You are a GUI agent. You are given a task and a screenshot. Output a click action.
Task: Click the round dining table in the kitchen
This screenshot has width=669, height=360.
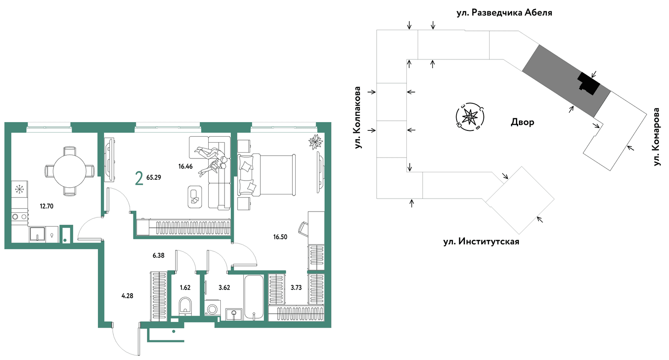pyautogui.click(x=69, y=171)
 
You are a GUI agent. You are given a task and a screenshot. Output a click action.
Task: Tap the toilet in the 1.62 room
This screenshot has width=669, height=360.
pyautogui.click(x=185, y=306)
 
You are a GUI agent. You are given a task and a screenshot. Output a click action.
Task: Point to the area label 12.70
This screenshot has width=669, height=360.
pyautogui.click(x=46, y=206)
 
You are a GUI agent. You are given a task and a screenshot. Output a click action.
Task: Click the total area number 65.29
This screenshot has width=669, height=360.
pyautogui.click(x=154, y=177)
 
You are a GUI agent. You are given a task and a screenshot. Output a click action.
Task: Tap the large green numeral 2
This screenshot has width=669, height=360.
pyautogui.click(x=139, y=179)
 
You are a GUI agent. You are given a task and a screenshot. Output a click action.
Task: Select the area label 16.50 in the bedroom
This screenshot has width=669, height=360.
pyautogui.click(x=280, y=237)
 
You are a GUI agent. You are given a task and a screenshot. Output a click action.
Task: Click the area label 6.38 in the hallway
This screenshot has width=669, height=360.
pyautogui.click(x=158, y=255)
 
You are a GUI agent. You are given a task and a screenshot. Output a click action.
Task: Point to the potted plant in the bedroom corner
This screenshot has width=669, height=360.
pyautogui.click(x=316, y=142)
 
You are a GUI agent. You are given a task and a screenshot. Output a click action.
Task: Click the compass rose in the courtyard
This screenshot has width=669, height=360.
pyautogui.click(x=470, y=117)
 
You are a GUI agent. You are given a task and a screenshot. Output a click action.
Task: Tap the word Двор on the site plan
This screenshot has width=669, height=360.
pyautogui.click(x=522, y=122)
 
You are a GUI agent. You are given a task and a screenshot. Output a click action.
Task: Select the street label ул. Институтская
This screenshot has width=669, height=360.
pyautogui.click(x=481, y=241)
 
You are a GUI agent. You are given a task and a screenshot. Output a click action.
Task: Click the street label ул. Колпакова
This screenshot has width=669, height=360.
pyautogui.click(x=357, y=117)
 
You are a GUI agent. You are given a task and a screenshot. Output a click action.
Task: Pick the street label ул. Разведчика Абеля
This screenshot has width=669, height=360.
pyautogui.click(x=504, y=13)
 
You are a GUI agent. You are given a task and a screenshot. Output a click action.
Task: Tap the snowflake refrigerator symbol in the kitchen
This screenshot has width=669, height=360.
pyautogui.click(x=20, y=189)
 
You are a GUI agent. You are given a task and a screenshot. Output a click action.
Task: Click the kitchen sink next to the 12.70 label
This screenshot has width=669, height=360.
pyautogui.click(x=37, y=234)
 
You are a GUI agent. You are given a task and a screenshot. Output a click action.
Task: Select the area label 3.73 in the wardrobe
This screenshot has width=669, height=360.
pyautogui.click(x=296, y=288)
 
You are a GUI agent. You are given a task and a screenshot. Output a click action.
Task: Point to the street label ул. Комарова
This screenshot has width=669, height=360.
pyautogui.click(x=656, y=137)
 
